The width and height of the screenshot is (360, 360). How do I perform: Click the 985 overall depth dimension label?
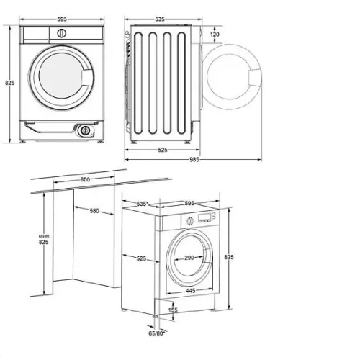click(194, 159)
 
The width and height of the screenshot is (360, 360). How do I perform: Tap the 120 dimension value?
click(215, 35)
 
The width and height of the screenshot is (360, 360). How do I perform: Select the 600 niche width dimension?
click(85, 179)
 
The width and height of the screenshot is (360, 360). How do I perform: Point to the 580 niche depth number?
click(94, 211)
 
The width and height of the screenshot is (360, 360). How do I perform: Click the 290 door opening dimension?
click(189, 258)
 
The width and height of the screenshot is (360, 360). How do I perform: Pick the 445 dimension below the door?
click(191, 291)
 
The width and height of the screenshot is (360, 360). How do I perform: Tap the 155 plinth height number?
click(173, 310)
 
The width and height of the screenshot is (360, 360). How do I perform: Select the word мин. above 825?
click(45, 236)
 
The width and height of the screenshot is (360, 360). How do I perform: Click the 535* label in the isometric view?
click(143, 204)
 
